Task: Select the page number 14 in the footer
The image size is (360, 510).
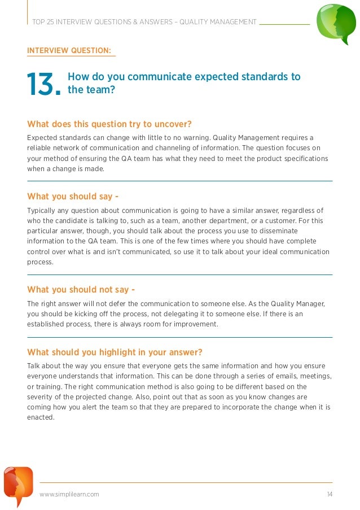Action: pos(330,495)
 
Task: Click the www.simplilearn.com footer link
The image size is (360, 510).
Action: pos(69,495)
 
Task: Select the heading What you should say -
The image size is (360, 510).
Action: pos(73,197)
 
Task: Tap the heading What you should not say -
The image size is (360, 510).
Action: pos(81,290)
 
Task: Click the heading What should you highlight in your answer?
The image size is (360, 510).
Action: pos(115,352)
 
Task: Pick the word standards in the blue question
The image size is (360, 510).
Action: pos(265,77)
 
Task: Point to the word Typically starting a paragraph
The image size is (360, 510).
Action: pos(43,211)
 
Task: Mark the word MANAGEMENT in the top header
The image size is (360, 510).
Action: pos(231,22)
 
